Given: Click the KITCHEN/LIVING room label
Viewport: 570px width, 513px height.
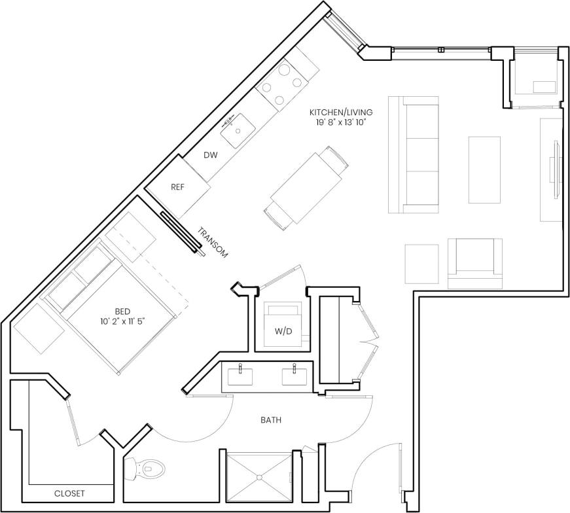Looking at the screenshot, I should (x=341, y=112).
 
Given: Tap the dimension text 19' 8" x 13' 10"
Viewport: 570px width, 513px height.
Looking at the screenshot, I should (x=341, y=122).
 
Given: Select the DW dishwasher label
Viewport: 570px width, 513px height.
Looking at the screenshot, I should (x=210, y=155).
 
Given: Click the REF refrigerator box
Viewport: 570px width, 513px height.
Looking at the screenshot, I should (x=178, y=186).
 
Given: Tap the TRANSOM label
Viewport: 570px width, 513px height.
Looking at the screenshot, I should (x=213, y=243).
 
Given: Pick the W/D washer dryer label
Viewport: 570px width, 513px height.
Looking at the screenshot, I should (x=283, y=331).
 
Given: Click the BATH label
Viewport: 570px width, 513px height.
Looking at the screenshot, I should (x=270, y=420).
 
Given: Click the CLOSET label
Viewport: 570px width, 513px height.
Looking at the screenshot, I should (x=69, y=493).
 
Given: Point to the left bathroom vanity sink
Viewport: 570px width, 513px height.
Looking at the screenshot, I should (x=241, y=377).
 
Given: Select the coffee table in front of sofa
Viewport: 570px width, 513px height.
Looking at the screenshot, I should (x=484, y=169).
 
